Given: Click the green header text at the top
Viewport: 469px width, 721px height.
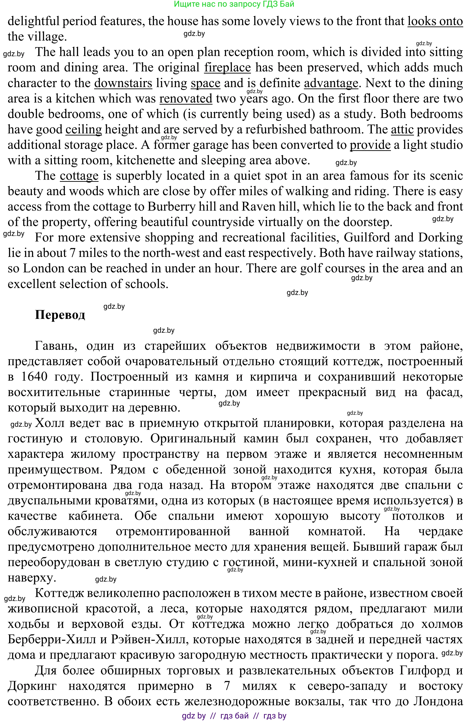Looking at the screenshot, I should click(x=234, y=4).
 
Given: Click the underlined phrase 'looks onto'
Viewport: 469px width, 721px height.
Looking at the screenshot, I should click(x=435, y=21).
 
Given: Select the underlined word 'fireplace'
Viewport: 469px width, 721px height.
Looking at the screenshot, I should click(x=227, y=68).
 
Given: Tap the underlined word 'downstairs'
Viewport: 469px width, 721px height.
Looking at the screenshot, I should click(x=123, y=83).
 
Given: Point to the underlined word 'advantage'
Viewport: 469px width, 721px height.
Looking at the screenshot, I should click(x=331, y=83).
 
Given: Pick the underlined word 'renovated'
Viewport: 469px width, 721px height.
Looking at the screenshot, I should click(x=186, y=98).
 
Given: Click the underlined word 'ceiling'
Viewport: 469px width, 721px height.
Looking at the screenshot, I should click(x=84, y=129).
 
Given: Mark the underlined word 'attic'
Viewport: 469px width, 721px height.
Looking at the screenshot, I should click(x=402, y=129).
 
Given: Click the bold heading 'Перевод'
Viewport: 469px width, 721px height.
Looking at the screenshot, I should click(x=60, y=315).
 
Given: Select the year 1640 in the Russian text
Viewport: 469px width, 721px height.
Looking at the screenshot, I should click(x=35, y=377).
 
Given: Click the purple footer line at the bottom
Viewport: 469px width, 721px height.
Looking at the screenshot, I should click(x=234, y=716).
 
